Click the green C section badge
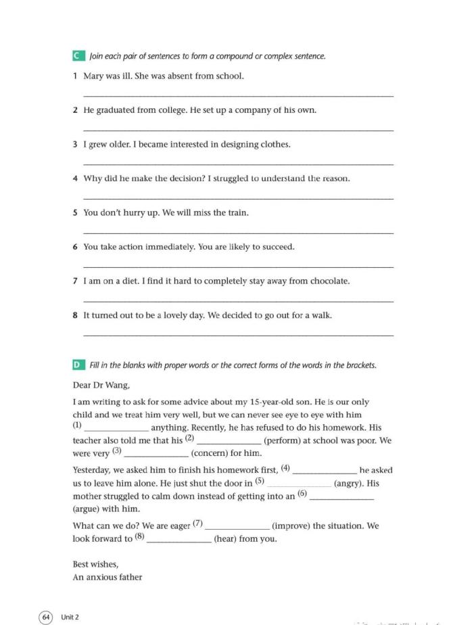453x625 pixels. pyautogui.click(x=78, y=55)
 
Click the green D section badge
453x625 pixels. pyautogui.click(x=78, y=365)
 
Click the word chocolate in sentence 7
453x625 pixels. pyautogui.click(x=329, y=281)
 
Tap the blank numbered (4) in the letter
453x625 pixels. pyautogui.click(x=325, y=470)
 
